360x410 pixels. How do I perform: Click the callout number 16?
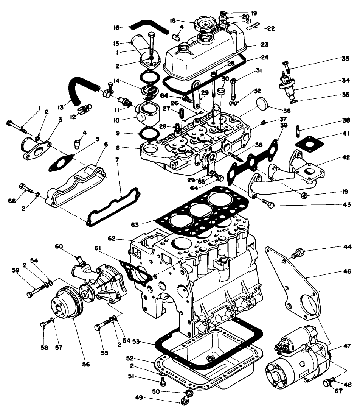tap(116, 27)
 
